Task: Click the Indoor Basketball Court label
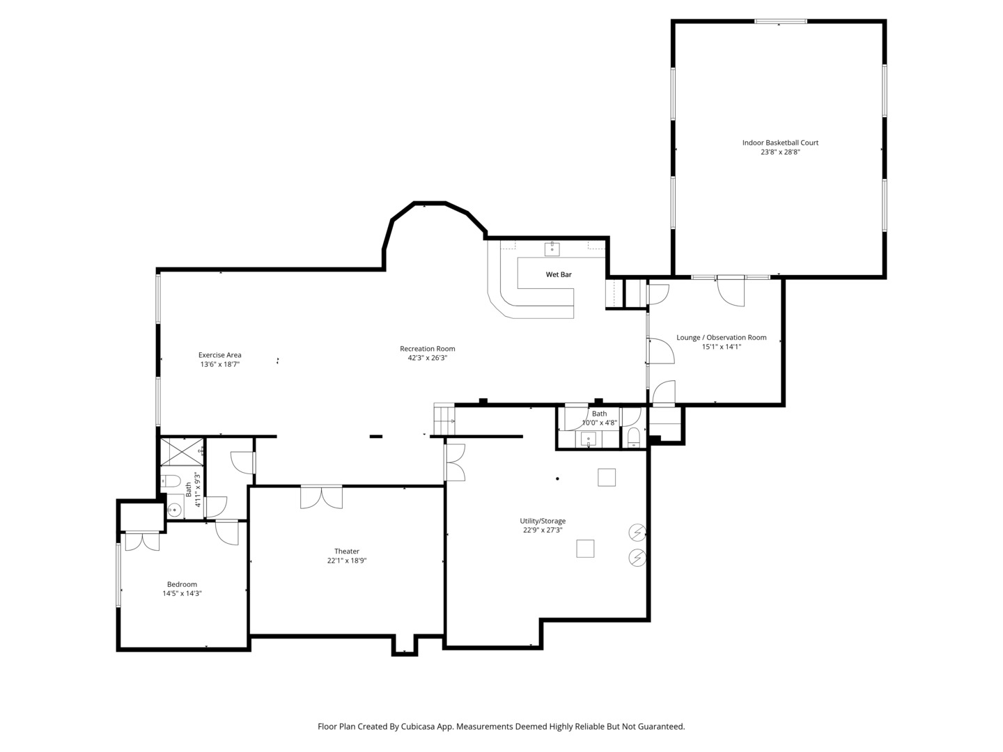(780, 143)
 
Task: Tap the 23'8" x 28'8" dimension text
(780, 152)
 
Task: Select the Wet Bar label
(559, 274)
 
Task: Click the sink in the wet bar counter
(552, 249)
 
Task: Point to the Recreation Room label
(427, 348)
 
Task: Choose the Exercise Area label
(220, 355)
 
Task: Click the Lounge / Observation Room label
(721, 338)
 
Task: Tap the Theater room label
(347, 551)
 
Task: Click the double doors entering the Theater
(321, 497)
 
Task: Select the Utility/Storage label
(543, 521)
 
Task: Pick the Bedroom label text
(182, 584)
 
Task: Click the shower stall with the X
(182, 451)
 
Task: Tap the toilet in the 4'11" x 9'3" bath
(171, 480)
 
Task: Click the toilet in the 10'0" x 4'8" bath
(633, 437)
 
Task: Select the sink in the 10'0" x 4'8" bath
(588, 439)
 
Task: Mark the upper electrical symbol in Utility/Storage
(637, 532)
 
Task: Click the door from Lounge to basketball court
(731, 291)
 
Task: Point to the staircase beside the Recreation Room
(444, 418)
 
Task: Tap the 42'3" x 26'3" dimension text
(427, 358)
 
